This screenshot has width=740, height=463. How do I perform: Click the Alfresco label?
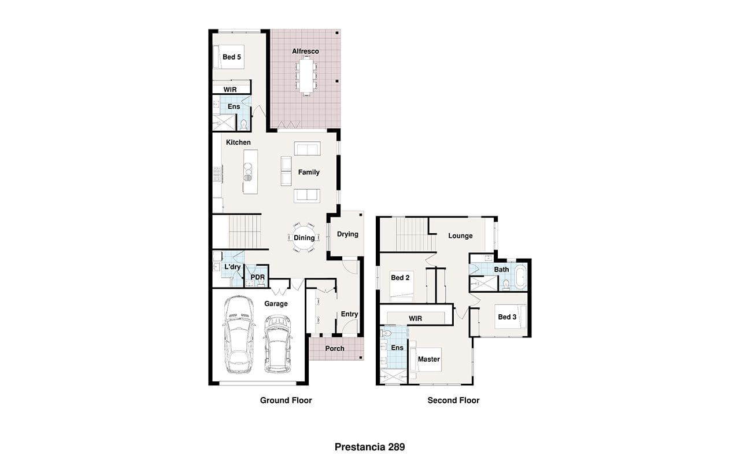click(x=305, y=52)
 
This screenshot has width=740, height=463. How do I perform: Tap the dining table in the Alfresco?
click(x=306, y=76)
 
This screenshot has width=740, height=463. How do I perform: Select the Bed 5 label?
click(x=232, y=57)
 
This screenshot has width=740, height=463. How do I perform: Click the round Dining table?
click(x=304, y=237)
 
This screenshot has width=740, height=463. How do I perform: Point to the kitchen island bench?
click(x=250, y=172)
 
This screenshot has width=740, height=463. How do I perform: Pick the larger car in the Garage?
click(x=239, y=335)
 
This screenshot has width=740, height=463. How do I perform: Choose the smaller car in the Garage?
click(x=277, y=344)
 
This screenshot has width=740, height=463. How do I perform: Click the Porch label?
click(x=335, y=348)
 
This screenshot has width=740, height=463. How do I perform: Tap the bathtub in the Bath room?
click(x=520, y=277)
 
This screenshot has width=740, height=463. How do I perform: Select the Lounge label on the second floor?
click(x=460, y=236)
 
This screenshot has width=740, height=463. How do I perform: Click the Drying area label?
click(x=347, y=234)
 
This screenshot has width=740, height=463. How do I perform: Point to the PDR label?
click(x=258, y=277)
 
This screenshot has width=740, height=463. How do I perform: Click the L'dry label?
click(x=232, y=267)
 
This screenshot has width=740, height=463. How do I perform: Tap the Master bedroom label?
click(x=429, y=359)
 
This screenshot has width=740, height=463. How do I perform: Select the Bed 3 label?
click(x=507, y=317)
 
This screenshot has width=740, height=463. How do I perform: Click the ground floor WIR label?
click(x=230, y=90)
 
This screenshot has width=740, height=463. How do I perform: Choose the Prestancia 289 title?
click(x=369, y=447)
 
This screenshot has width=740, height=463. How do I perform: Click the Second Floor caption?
click(x=453, y=400)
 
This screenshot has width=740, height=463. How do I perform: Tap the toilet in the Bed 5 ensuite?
click(x=243, y=125)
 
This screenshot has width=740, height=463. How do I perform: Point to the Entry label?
click(x=349, y=314)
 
